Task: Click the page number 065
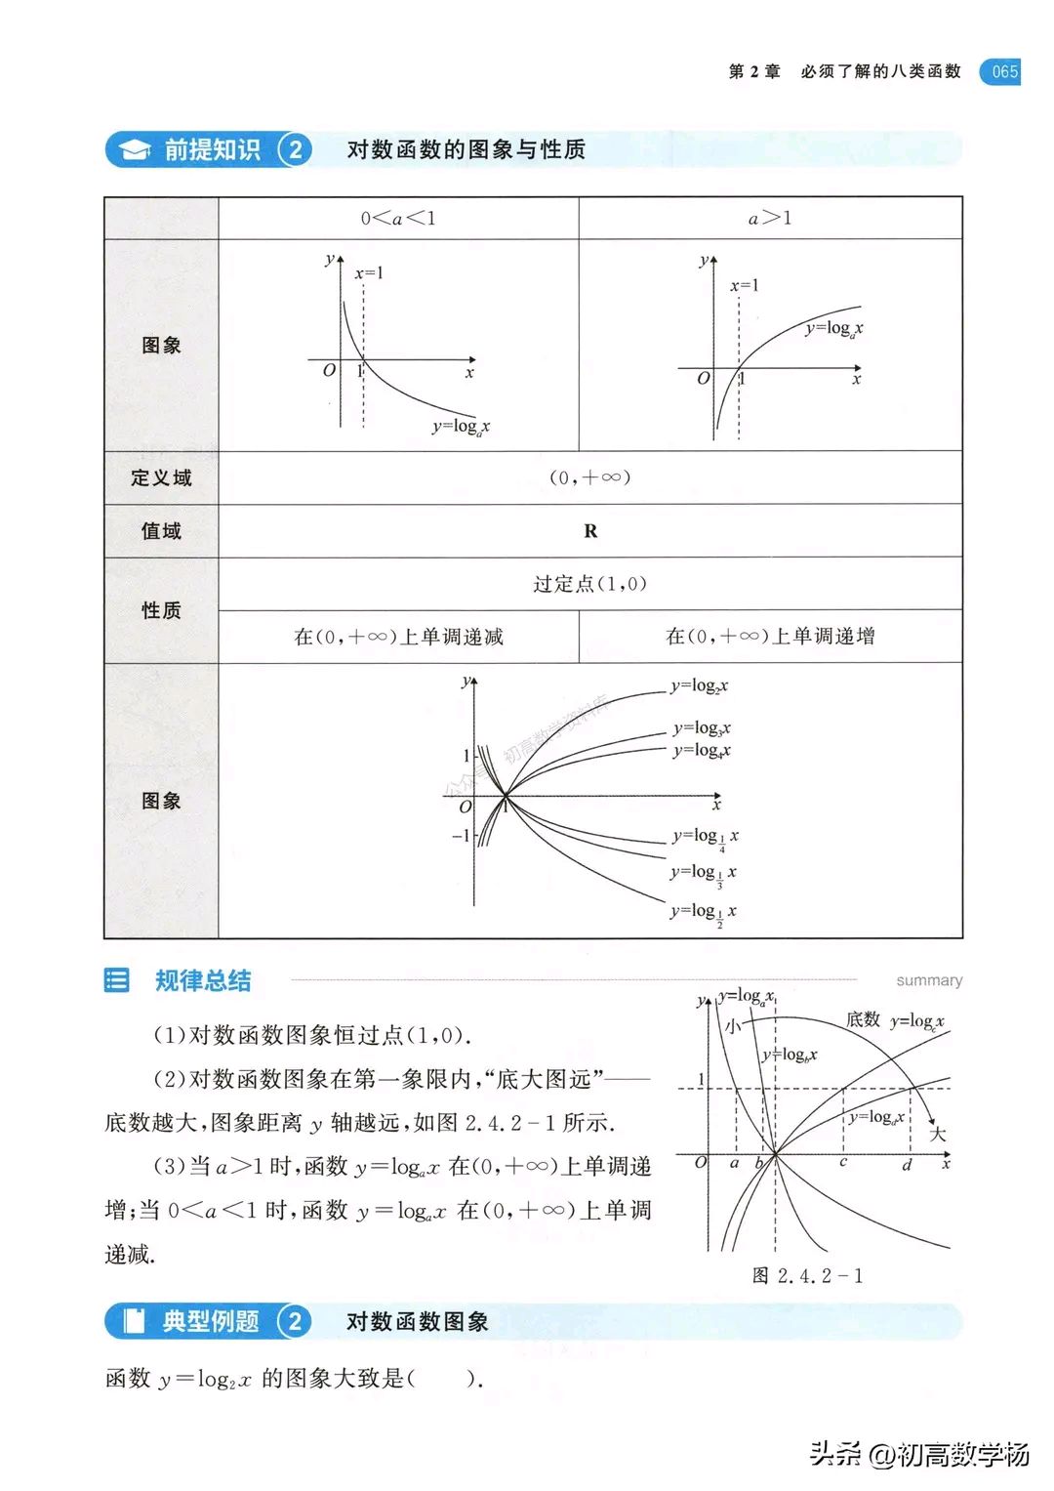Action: click(1004, 71)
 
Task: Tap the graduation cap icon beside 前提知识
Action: click(134, 149)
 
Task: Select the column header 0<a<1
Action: click(398, 218)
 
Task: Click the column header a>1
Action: click(770, 218)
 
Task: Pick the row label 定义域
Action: click(161, 477)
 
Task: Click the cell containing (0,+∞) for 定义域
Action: click(589, 477)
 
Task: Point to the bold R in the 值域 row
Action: click(590, 531)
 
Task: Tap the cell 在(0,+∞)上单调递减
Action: click(398, 637)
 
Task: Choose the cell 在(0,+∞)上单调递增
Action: click(770, 637)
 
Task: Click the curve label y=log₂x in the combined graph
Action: click(699, 685)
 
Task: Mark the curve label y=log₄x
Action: click(702, 750)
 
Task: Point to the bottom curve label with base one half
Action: click(703, 912)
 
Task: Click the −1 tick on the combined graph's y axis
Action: click(461, 836)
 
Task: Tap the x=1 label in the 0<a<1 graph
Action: click(369, 273)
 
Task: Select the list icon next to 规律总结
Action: click(117, 979)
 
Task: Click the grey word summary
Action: click(929, 980)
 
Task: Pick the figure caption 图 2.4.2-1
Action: click(807, 1276)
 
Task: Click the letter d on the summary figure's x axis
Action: click(907, 1165)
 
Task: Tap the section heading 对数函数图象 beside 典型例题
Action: click(417, 1322)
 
